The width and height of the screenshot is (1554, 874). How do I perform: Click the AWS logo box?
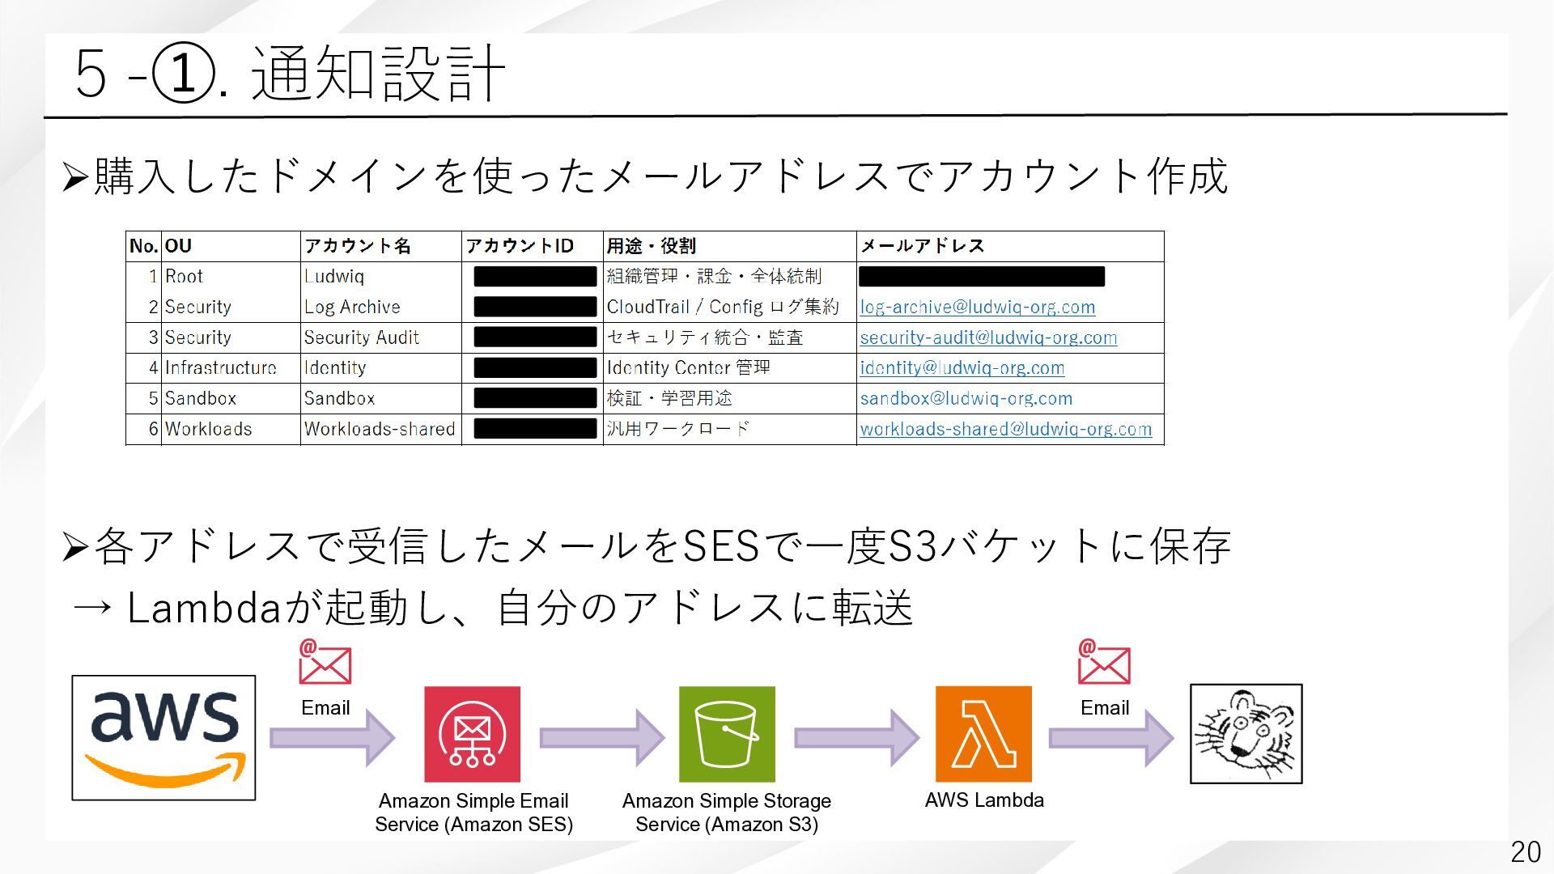163,737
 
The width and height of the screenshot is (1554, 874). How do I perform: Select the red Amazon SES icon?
472,734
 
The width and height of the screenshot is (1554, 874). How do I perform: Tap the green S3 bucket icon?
726,734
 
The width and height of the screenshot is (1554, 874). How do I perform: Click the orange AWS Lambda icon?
983,734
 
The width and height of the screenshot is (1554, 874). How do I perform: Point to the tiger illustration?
1246,734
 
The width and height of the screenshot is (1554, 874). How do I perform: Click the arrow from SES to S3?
601,737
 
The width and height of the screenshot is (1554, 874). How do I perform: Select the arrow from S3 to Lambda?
856,737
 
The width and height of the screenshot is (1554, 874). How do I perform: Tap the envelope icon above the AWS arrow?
325,663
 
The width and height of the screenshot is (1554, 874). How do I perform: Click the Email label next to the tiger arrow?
1104,708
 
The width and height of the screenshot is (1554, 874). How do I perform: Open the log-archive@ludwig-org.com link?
977,308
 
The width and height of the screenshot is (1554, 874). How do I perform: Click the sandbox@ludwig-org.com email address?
966,399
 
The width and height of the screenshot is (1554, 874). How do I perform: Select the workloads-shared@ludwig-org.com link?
1005,429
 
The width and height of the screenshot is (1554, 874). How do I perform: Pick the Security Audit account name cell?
361,337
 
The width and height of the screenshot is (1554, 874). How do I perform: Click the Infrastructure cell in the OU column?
220,368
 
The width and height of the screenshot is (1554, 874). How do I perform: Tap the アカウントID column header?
519,246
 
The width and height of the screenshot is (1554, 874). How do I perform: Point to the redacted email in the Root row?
981,277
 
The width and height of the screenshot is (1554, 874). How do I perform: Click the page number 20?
1525,852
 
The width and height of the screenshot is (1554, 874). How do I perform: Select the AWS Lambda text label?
984,800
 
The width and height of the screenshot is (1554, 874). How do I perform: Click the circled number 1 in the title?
185,74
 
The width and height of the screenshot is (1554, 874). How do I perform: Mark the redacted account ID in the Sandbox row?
535,398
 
